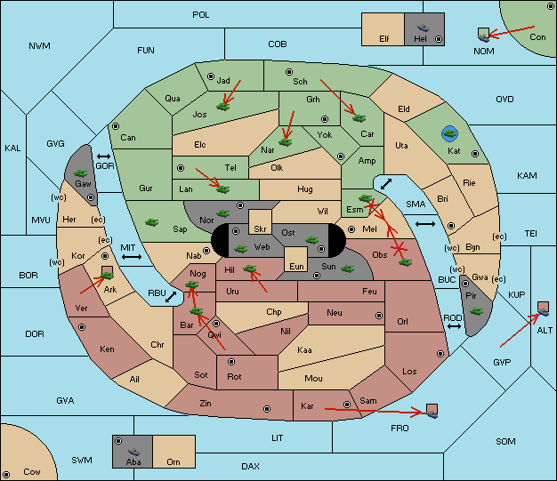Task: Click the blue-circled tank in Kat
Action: click(x=449, y=133)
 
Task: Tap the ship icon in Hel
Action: click(x=423, y=28)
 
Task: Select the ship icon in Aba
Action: click(x=133, y=451)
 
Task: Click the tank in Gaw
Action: click(x=81, y=172)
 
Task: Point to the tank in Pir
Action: click(x=476, y=311)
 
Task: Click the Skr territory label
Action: click(x=260, y=229)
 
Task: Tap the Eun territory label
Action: click(x=296, y=266)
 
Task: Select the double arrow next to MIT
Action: click(x=132, y=257)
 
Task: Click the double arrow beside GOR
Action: click(x=103, y=156)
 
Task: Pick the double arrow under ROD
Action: click(x=454, y=326)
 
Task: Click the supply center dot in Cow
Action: click(x=6, y=474)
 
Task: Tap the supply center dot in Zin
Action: click(x=267, y=409)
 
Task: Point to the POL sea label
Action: click(x=201, y=15)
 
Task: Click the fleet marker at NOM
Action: click(x=483, y=35)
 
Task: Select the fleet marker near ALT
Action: click(x=543, y=309)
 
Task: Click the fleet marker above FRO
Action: click(x=432, y=411)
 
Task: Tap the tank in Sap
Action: click(x=151, y=222)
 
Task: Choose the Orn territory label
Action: click(x=174, y=461)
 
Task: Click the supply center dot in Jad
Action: click(x=211, y=76)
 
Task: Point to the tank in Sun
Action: click(x=347, y=269)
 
